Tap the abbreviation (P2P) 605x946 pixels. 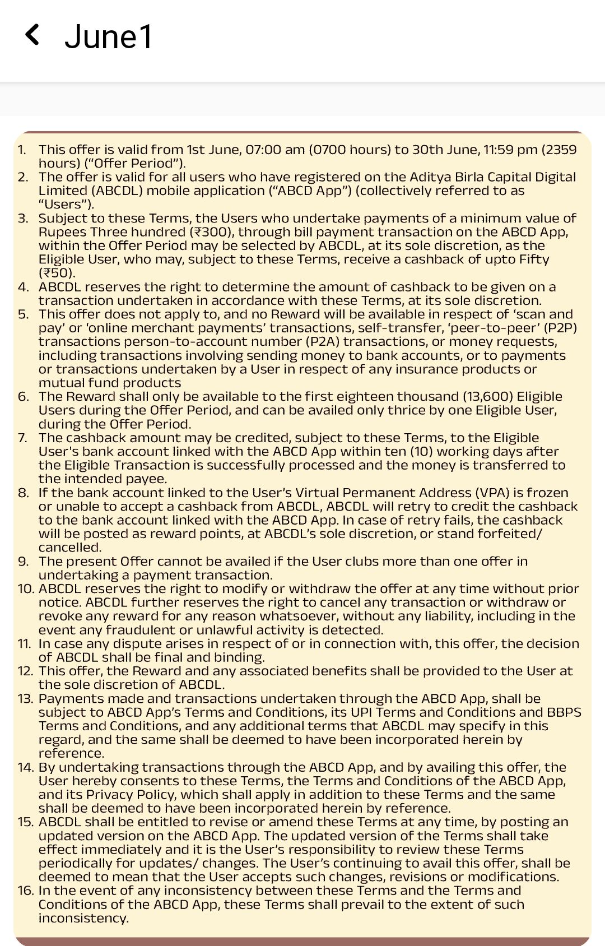[x=555, y=328]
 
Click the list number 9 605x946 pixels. [x=22, y=562]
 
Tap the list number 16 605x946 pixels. [x=26, y=891]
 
